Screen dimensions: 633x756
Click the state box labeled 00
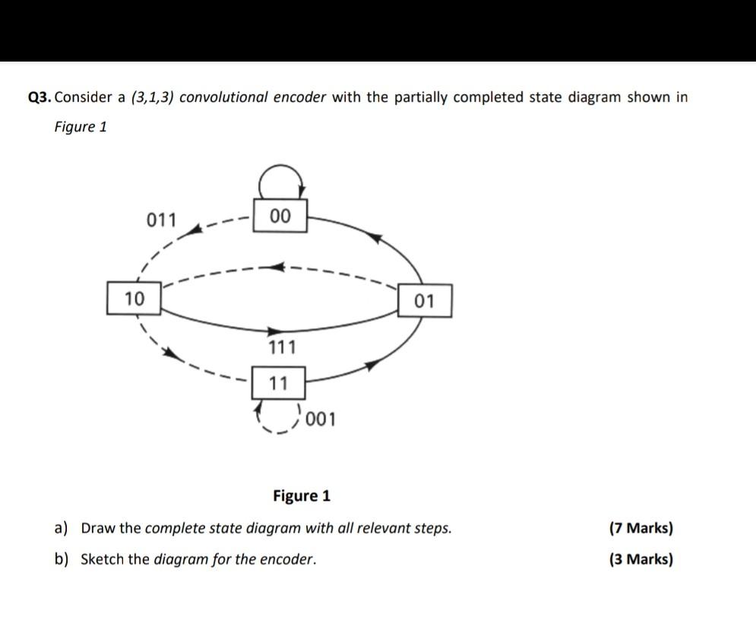[280, 217]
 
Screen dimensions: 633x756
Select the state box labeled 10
[134, 299]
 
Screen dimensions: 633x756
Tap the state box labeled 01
[425, 302]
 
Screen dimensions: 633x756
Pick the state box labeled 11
[279, 384]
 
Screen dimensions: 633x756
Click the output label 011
[161, 220]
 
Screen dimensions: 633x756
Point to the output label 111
[283, 348]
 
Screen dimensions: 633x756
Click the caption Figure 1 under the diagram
[302, 496]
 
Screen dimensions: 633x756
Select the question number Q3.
[40, 97]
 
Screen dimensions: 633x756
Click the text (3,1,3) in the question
[153, 97]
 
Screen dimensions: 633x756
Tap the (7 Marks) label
[641, 528]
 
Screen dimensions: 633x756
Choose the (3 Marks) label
[641, 560]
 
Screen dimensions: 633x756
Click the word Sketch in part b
[103, 560]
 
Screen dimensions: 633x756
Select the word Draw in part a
[97, 528]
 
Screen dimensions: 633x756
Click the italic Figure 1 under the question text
[81, 127]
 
